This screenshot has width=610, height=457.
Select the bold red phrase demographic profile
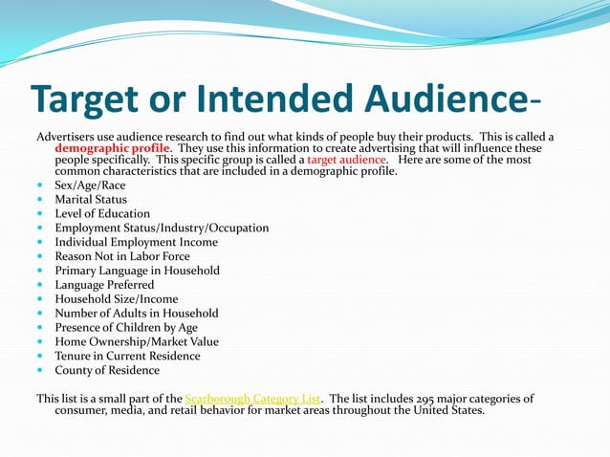pyautogui.click(x=113, y=149)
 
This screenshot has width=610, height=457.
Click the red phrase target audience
pyautogui.click(x=347, y=161)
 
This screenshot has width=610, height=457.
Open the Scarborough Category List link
pyautogui.click(x=253, y=399)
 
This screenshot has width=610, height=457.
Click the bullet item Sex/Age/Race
pyautogui.click(x=89, y=185)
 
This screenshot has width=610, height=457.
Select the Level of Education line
pyautogui.click(x=102, y=214)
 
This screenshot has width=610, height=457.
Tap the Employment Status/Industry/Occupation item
pyautogui.click(x=162, y=228)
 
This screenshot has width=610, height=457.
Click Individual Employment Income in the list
pyautogui.click(x=136, y=243)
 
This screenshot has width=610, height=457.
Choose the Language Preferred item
pyautogui.click(x=104, y=285)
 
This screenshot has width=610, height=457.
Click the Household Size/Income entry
pyautogui.click(x=116, y=299)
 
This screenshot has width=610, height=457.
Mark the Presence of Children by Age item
pyautogui.click(x=126, y=328)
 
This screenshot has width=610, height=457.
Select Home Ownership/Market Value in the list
pyautogui.click(x=136, y=342)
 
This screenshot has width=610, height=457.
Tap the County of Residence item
pyautogui.click(x=107, y=371)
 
